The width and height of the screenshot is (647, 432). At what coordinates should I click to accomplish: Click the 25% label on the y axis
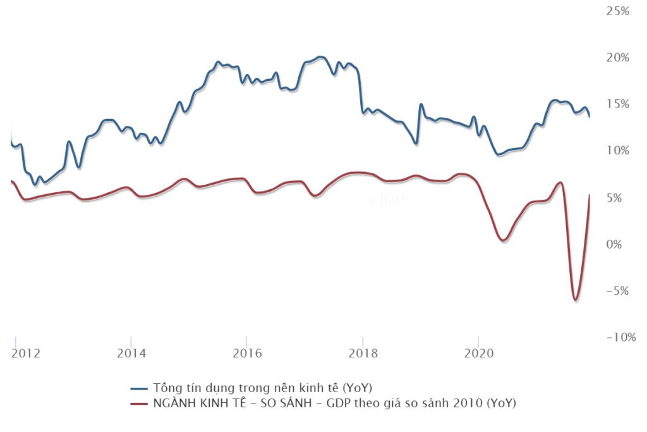(x=618, y=11)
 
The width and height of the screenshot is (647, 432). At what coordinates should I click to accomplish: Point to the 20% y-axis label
(x=618, y=58)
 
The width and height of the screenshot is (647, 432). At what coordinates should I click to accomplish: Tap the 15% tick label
(x=618, y=104)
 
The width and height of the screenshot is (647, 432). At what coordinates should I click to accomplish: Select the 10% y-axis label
(x=618, y=151)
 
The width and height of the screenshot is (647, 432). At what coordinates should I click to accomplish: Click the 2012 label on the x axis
(x=25, y=352)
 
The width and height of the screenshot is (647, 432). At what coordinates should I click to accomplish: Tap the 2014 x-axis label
(x=131, y=352)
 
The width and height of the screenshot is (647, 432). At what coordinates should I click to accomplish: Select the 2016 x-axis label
(x=246, y=352)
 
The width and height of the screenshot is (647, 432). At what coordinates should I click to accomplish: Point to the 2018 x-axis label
(x=363, y=352)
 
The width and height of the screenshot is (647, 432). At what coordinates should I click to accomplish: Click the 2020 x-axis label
(x=478, y=352)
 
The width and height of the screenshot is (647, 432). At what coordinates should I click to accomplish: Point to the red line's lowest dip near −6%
(x=576, y=300)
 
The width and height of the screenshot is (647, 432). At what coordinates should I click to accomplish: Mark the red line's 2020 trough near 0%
(x=502, y=240)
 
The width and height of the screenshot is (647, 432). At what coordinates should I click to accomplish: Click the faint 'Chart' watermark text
(x=387, y=200)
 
